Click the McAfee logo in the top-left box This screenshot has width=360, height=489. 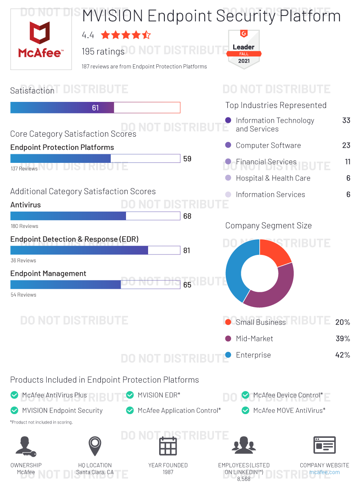coord(40,40)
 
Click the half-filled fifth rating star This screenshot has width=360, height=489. coord(146,35)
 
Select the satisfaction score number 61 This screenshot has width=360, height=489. coord(95,108)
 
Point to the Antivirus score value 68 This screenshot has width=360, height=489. coord(187,216)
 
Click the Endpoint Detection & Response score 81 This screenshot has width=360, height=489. coord(187,250)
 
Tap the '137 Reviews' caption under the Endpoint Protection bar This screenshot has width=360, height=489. coord(24,169)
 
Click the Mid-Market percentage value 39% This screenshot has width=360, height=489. coord(342,339)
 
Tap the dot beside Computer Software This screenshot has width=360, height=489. coord(228,145)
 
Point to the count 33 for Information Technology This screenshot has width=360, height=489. coord(346,121)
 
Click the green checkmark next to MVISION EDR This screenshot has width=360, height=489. coord(130,395)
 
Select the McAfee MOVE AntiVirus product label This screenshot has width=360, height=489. coord(289,410)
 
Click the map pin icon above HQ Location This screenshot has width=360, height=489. coord(95,445)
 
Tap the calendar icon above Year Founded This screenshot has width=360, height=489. coord(168,446)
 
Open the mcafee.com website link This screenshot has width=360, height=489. coord(324,472)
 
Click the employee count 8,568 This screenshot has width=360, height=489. coord(244,479)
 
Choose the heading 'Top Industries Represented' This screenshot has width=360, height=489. coord(276,105)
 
